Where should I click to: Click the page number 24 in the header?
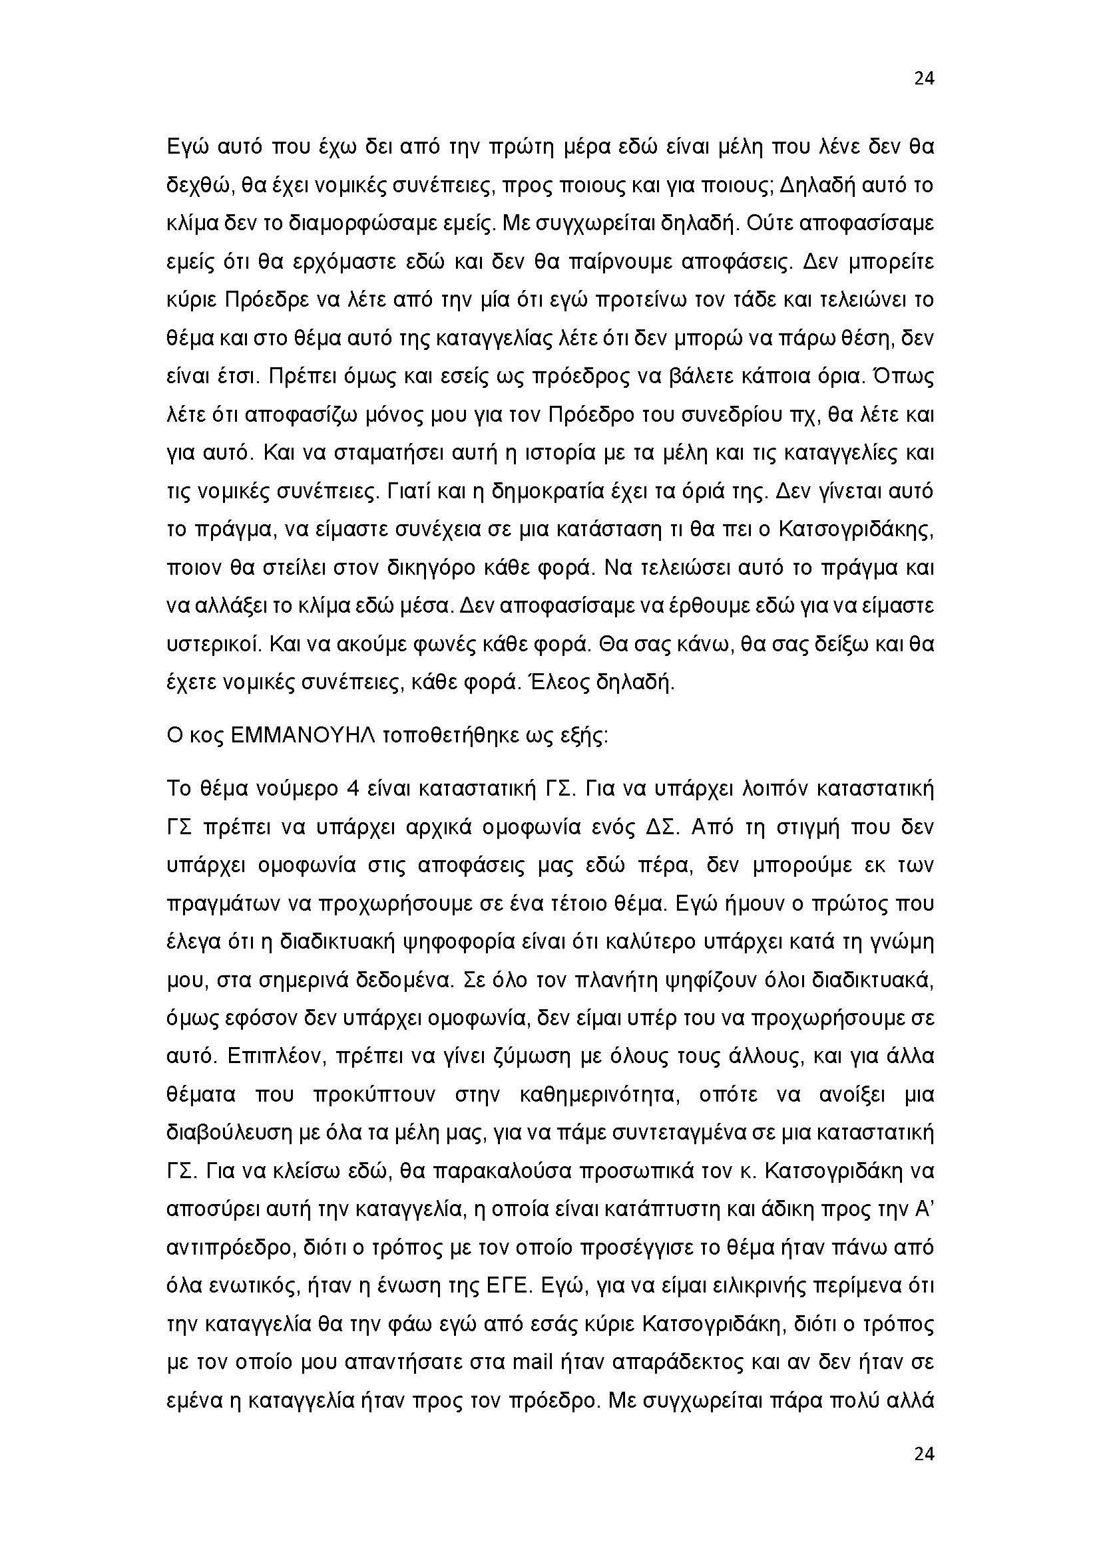click(x=924, y=78)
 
